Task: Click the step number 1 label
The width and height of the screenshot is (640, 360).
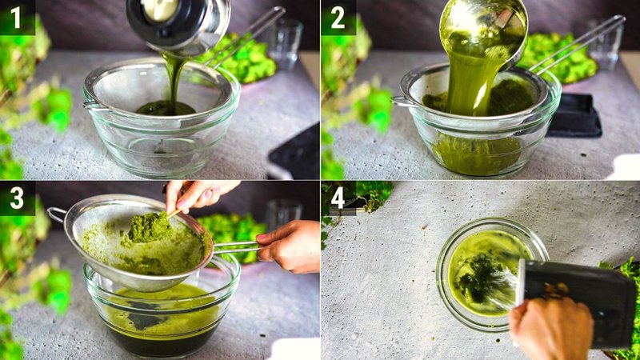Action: tap(16, 16)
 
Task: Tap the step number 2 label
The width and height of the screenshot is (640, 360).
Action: tap(337, 16)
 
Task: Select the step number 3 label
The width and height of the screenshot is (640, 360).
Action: tap(16, 197)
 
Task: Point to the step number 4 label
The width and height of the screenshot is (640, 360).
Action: tap(337, 197)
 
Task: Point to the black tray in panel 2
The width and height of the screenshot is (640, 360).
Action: tap(574, 116)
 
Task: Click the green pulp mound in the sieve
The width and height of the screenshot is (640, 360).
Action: tap(148, 228)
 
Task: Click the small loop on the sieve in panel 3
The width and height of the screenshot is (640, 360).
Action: tap(57, 214)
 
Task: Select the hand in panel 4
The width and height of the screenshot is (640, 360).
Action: tap(551, 328)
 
